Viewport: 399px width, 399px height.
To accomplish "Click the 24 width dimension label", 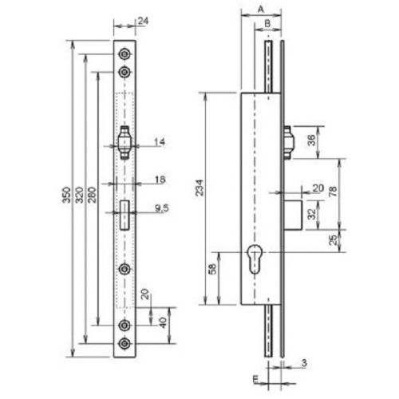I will click(142, 21).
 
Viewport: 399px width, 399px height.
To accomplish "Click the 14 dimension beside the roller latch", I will click(159, 142).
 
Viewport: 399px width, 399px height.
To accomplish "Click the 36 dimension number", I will click(311, 136).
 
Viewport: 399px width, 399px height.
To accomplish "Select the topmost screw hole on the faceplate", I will click(124, 53).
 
